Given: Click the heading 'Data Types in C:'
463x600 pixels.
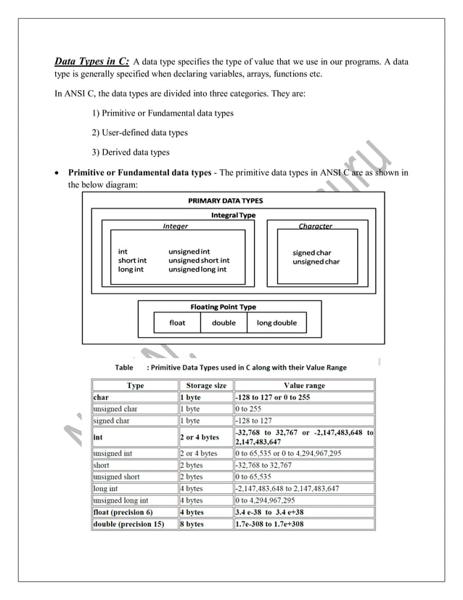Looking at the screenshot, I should point(92,61).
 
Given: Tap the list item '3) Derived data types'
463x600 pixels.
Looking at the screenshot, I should point(130,152).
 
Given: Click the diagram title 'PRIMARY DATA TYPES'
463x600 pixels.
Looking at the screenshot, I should point(226,200).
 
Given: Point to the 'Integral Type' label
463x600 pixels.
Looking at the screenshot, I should point(233,215).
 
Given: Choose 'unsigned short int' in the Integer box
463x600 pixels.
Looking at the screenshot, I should point(199,260).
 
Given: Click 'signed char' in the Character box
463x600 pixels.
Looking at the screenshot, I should point(312,252).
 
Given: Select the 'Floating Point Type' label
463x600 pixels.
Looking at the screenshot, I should point(223,307).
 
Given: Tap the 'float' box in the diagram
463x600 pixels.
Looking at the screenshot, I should point(177,323).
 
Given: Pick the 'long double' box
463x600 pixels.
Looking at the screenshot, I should point(276,323).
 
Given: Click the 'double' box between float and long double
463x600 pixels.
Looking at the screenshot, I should point(224,323).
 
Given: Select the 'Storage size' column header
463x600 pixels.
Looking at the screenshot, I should point(206,386).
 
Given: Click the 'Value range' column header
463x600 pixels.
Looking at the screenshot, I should point(304,386).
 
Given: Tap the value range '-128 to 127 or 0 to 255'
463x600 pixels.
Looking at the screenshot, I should point(273,397).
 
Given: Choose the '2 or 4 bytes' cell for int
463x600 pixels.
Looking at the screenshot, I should point(199,437).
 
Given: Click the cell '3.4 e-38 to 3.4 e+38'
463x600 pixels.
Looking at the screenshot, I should point(269,512).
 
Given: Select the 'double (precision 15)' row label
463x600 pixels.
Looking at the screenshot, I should point(128,524).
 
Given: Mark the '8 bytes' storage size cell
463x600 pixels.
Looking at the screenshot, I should point(192,524).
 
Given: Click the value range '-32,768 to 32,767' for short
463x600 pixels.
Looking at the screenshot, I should point(263,465).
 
